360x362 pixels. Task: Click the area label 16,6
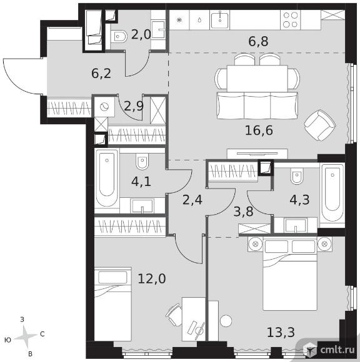click(x=259, y=130)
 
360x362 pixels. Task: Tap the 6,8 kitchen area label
click(x=258, y=42)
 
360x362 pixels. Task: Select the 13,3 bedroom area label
click(x=281, y=333)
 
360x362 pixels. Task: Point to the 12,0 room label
click(x=152, y=278)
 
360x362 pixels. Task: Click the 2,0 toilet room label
click(x=141, y=34)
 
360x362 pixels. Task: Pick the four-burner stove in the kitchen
click(x=291, y=20)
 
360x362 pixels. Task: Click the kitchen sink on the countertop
click(x=219, y=20)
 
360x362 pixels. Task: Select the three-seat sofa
click(x=257, y=105)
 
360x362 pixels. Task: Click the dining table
click(x=257, y=79)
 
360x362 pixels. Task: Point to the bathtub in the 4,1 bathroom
click(x=107, y=178)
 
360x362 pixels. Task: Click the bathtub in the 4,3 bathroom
click(x=332, y=193)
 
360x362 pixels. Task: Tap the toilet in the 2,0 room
click(x=119, y=36)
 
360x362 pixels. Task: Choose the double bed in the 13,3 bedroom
click(x=290, y=275)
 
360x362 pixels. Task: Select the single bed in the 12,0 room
click(x=113, y=304)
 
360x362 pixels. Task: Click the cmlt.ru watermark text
click(x=337, y=350)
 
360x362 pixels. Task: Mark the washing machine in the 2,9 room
click(x=104, y=107)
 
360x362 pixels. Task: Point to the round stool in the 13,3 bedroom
click(x=226, y=321)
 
